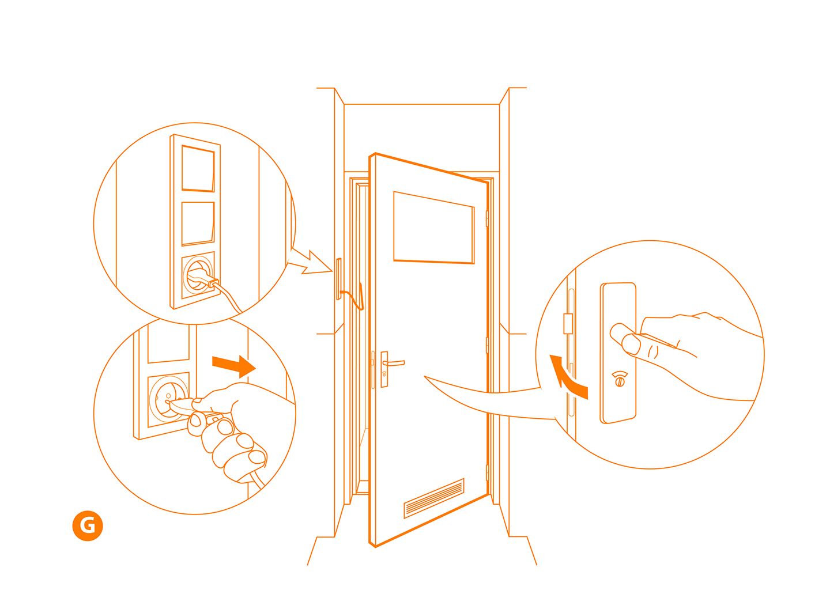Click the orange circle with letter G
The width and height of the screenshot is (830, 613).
point(87,525)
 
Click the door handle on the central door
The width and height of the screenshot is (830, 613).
point(393,363)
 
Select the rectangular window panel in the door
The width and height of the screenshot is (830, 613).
point(433,228)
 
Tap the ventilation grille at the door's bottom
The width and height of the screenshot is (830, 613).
point(433,498)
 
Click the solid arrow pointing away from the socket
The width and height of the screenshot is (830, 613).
point(234,366)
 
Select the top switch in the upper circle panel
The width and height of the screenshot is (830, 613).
point(198,169)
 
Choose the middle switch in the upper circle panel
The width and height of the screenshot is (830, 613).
point(198,224)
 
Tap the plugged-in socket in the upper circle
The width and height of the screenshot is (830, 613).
point(198,275)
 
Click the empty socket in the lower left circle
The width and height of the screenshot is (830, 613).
point(168,399)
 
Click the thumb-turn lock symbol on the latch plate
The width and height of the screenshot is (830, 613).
point(620,379)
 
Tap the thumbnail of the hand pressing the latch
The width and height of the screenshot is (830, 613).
point(631,344)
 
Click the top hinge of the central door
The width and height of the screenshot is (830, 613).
point(487,218)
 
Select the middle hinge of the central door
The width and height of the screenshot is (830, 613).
point(487,345)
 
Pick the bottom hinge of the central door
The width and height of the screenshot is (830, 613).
point(487,473)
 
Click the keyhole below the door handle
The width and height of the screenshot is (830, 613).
point(384,374)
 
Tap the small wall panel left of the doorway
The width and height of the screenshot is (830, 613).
point(338,279)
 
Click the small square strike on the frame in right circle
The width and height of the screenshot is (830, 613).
point(568,324)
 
